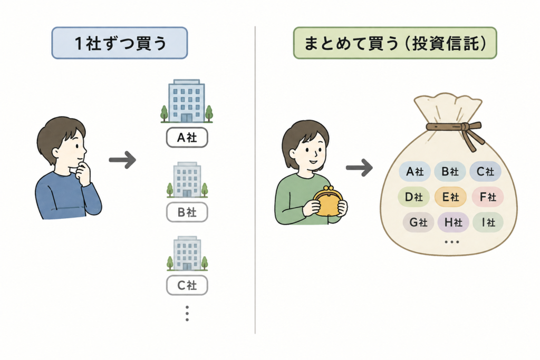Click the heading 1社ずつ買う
tap(120, 43)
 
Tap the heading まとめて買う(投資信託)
tap(394, 43)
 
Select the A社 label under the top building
tap(187, 138)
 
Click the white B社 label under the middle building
tap(187, 212)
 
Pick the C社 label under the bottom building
tap(187, 285)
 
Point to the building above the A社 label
tap(187, 101)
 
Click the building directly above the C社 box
tap(187, 254)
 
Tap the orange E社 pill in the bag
tap(450, 197)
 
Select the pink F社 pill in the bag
tap(488, 197)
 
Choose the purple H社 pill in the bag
tap(453, 222)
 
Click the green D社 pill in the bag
tap(413, 197)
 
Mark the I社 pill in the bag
tap(488, 222)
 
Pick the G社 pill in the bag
tap(418, 222)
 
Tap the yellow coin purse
tap(328, 202)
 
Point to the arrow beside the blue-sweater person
tap(122, 160)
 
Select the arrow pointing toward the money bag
tap(359, 168)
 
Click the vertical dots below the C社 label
tap(187, 313)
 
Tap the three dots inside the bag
tap(452, 242)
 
